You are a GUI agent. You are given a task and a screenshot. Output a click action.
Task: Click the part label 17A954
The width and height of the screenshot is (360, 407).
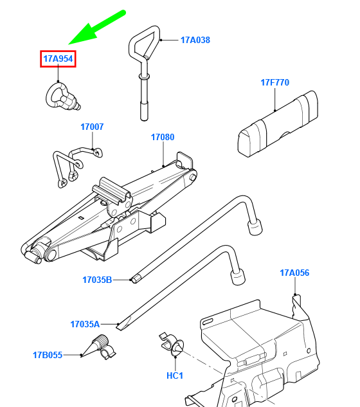pos(58,59)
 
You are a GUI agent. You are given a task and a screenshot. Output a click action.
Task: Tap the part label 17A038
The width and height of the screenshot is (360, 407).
pos(195,40)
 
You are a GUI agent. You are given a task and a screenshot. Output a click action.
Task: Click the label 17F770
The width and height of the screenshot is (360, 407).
pos(274,82)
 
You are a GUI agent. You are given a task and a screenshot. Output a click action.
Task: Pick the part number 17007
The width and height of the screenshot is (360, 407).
pos(92,127)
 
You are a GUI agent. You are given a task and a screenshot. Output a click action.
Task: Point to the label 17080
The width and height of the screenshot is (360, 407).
pos(163,137)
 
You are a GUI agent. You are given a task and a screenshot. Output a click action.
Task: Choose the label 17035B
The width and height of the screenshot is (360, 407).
pos(97,280)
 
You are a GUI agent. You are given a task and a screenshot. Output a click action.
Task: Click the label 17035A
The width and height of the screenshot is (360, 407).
pos(85,324)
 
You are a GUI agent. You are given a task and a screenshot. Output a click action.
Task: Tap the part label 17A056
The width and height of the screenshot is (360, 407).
pos(294,273)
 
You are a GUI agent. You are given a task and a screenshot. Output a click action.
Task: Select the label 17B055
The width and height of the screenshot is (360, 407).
pos(48,355)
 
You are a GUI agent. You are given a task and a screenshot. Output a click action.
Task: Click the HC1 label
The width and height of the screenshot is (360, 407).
pos(175,375)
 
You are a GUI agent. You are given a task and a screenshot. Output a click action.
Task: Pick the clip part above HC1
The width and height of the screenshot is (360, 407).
pos(172,345)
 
